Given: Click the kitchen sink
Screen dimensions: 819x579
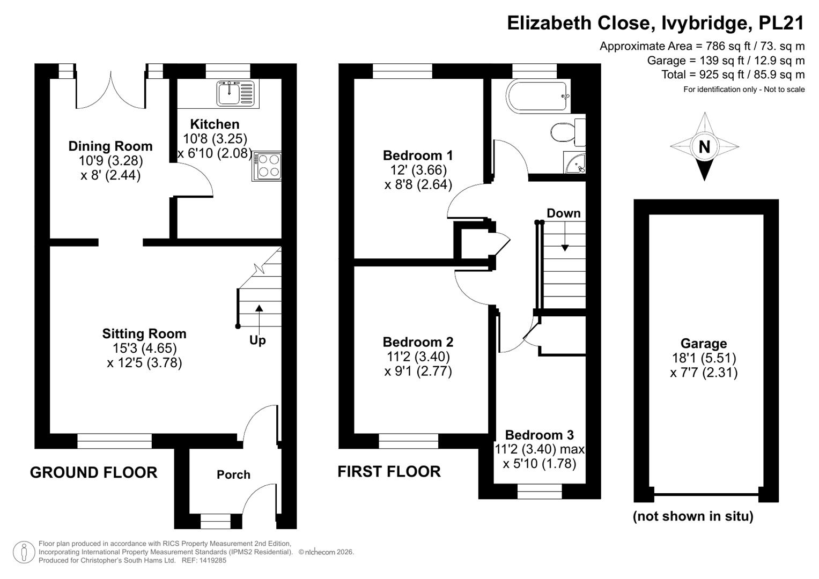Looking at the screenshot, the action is point(235,94).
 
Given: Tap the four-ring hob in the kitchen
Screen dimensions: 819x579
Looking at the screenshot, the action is point(267,166).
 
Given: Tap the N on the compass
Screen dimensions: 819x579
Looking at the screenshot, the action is point(704,146).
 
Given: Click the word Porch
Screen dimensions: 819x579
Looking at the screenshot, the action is point(234,474).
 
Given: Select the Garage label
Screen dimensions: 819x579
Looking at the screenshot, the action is point(704,343).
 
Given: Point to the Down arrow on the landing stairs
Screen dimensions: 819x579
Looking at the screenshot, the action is point(565,236).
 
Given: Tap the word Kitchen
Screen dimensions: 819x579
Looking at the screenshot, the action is point(215,124).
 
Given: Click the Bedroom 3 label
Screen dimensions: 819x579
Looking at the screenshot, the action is point(540,435).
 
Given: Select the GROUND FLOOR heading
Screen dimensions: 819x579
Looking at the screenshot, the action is point(94,472).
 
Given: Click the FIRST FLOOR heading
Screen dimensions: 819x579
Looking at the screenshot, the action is point(389,472).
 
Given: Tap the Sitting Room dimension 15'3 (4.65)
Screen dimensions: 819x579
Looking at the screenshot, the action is point(144,348).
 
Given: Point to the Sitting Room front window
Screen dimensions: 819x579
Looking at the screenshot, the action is point(114,441).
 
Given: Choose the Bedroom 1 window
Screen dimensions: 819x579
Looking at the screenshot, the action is point(402,71).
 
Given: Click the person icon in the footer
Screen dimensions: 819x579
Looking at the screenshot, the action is point(24,552).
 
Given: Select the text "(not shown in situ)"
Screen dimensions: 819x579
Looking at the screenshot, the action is point(693,516).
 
